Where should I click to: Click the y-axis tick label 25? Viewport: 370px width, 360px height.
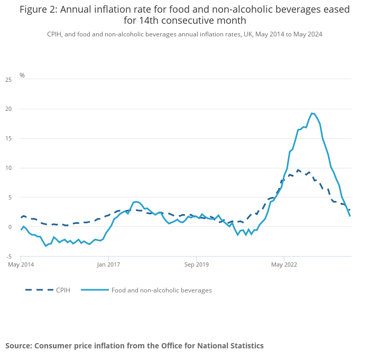coord(8,80)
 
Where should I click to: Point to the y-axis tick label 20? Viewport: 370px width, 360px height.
coord(8,109)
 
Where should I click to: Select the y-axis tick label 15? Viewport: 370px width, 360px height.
coord(8,139)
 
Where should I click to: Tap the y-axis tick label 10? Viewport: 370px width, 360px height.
coord(8,168)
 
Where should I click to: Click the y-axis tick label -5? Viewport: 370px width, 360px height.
coord(8,257)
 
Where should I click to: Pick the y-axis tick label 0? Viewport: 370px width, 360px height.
coord(10,227)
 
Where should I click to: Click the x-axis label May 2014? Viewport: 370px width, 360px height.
coord(21,264)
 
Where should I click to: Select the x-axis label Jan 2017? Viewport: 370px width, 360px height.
coord(108,264)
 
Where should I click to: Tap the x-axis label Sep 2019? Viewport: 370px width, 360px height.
coord(196,264)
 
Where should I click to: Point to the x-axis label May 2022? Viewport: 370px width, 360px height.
coord(284,264)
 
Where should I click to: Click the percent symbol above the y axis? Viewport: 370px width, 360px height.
coord(22,75)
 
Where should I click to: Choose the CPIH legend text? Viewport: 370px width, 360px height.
coord(63,290)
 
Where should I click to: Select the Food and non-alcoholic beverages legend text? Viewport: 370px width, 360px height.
coord(161,290)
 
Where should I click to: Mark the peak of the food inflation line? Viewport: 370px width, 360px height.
coord(312,113)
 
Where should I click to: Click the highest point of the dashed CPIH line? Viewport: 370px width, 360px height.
coord(298,170)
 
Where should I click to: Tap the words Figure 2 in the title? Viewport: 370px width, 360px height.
coord(40,10)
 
